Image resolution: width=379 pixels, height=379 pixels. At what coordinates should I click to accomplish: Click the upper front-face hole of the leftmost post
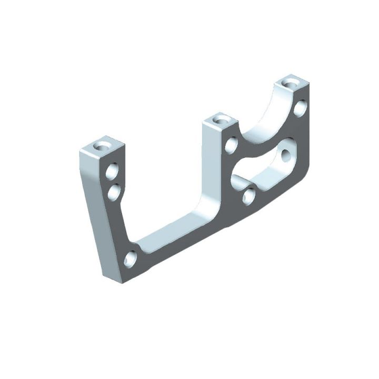pos(112,171)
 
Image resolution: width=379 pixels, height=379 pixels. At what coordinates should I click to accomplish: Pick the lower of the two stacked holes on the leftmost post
pos(114,192)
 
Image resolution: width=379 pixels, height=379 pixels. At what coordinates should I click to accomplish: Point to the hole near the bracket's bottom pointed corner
pos(131,258)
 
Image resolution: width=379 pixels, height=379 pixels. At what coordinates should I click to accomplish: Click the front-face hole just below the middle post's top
pos(231,144)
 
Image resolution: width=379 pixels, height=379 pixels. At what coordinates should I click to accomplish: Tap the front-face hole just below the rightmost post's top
pos(300,108)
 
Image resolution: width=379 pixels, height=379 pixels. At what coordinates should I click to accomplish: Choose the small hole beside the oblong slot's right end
pos(286,156)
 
